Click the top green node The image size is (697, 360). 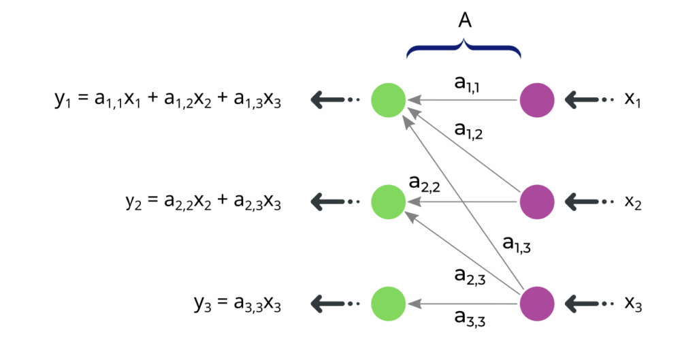[x=388, y=101]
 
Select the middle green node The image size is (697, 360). [x=388, y=201]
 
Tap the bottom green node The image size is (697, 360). [x=388, y=304]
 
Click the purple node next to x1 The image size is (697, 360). [x=537, y=101]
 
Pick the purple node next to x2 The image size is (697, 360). [x=537, y=201]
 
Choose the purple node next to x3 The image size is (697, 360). [x=537, y=304]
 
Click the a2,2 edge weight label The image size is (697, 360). [x=424, y=183]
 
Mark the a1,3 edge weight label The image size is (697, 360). [x=517, y=244]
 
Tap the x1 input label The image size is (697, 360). [x=633, y=100]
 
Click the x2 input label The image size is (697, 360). [x=633, y=201]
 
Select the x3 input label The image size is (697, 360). [x=633, y=304]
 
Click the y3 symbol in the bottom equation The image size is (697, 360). [x=201, y=305]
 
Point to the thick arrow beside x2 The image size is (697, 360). [x=581, y=201]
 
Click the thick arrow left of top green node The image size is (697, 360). [x=326, y=101]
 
